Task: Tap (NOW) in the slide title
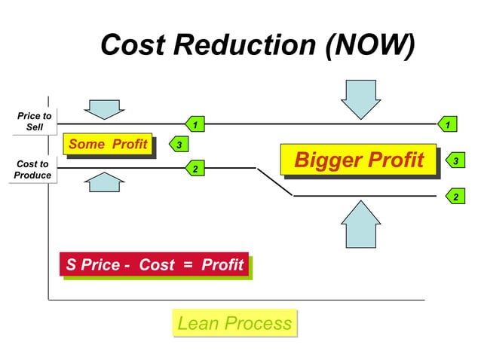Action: [370, 45]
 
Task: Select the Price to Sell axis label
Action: [35, 121]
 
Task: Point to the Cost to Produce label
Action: [32, 169]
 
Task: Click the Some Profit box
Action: [109, 145]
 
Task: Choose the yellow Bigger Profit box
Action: [358, 160]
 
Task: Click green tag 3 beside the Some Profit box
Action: [179, 144]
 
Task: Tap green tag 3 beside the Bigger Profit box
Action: [454, 160]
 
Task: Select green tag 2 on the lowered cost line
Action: [454, 197]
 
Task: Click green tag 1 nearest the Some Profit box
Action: [195, 124]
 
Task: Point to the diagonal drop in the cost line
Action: [275, 182]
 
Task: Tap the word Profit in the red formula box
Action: [222, 265]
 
